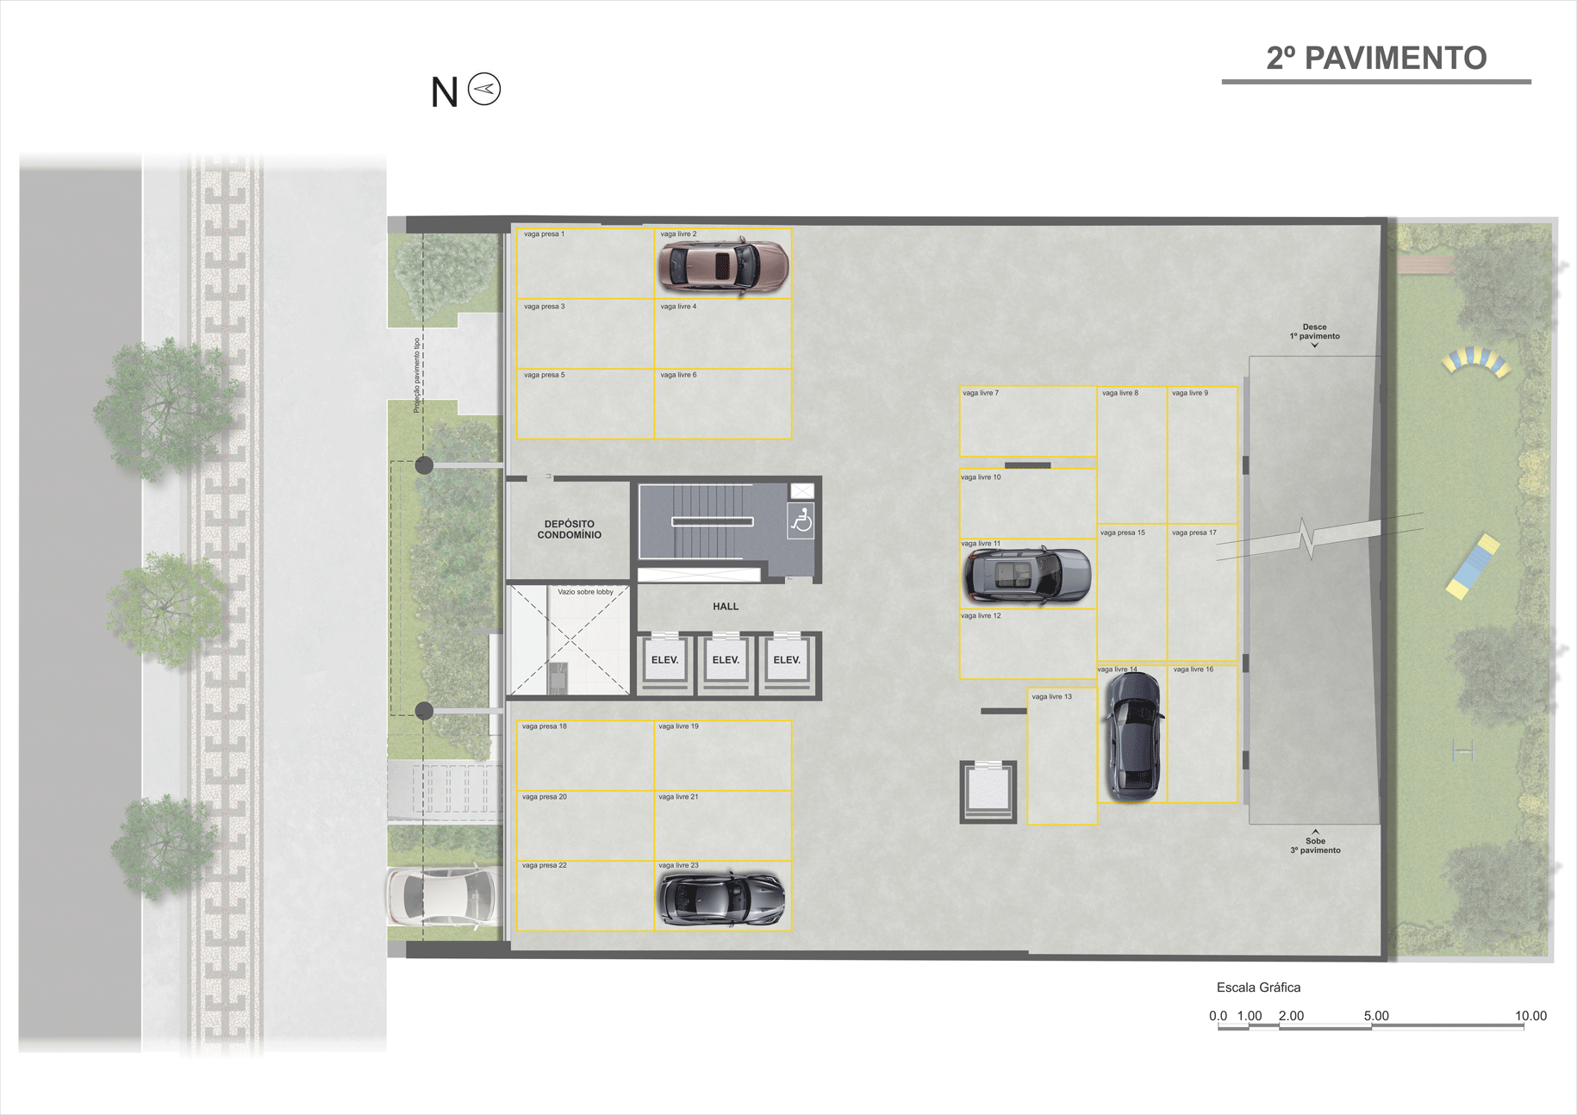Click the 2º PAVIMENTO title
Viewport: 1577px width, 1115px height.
(x=1376, y=58)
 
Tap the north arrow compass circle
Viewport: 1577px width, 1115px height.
(x=484, y=89)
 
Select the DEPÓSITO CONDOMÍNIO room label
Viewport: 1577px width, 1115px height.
(x=569, y=529)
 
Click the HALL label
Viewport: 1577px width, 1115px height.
(x=726, y=607)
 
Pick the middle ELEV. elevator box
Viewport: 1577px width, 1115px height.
(x=726, y=660)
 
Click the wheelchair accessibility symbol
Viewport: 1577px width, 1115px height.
(x=801, y=521)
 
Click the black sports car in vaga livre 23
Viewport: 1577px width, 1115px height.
(x=721, y=898)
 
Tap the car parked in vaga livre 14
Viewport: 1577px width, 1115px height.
(x=1133, y=735)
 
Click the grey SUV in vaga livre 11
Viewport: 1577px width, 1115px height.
(x=1026, y=576)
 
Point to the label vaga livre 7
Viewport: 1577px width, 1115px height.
(x=981, y=393)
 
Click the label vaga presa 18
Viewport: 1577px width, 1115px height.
(x=545, y=726)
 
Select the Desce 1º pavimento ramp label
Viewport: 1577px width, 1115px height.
(x=1314, y=332)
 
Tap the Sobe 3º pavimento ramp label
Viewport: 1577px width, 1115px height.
(x=1315, y=845)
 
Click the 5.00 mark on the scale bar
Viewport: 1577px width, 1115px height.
(x=1376, y=1016)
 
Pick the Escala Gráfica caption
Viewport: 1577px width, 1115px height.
(x=1258, y=987)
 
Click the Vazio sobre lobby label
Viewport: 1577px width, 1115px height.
(x=585, y=592)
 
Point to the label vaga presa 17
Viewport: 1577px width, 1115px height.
(x=1194, y=533)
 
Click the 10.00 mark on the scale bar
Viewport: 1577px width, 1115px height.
(x=1530, y=1016)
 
